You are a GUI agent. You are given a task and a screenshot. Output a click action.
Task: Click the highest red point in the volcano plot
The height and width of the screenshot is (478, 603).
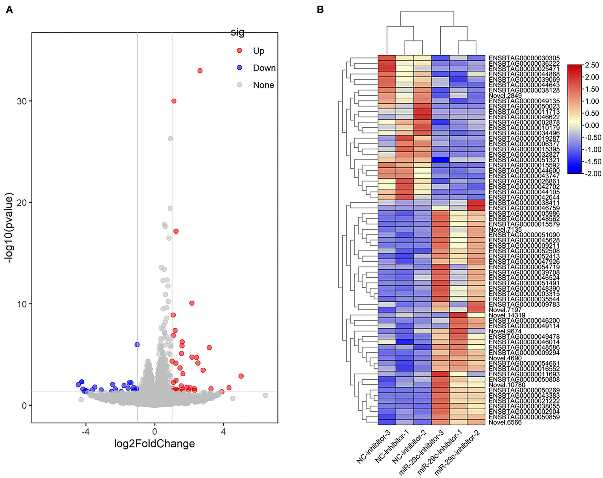tap(200, 71)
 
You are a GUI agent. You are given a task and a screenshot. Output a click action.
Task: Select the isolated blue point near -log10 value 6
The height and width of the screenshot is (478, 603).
tap(137, 345)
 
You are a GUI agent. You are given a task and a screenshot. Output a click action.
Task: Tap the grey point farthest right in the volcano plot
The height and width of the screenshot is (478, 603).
tap(265, 395)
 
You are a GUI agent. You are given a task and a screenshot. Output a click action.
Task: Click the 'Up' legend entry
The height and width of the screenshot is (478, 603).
tap(258, 51)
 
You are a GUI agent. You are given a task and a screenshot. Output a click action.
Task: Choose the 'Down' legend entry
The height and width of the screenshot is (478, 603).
tap(264, 68)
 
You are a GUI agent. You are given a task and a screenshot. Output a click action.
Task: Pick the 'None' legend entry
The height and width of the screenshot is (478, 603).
tap(263, 85)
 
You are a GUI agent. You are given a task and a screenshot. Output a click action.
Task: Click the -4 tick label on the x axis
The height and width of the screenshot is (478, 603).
tap(85, 431)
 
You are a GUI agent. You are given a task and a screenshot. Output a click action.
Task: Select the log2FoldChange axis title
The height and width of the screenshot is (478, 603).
tap(154, 444)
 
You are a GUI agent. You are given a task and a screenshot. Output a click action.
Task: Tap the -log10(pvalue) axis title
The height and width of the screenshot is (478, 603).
tap(9, 228)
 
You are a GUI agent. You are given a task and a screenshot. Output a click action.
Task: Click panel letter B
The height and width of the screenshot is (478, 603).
tap(320, 10)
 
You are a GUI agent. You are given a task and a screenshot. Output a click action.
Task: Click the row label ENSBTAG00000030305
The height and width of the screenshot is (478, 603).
tap(524, 58)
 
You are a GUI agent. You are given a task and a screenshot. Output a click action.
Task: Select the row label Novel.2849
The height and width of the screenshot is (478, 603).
tap(505, 96)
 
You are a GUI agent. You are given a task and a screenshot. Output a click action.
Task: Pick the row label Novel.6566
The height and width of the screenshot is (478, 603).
tap(505, 423)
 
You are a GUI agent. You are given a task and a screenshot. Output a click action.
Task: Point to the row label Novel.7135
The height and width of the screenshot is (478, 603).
tap(505, 230)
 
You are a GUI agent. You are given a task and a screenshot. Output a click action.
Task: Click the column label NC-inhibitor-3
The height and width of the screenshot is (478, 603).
tap(373, 447)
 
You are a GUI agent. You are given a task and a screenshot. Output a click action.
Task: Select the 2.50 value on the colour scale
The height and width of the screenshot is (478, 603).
tap(591, 65)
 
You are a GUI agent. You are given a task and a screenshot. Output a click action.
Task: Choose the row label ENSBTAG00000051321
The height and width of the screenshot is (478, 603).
tap(524, 160)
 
